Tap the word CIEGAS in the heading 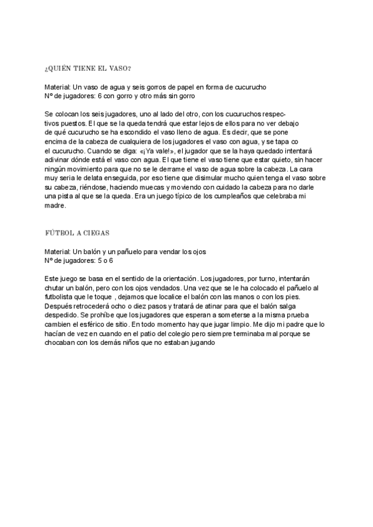coord(97,233)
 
